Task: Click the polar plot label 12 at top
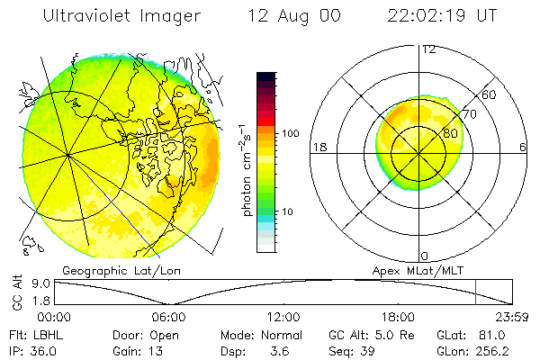coord(428,49)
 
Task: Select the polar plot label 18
coord(318,147)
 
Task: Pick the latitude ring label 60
coord(490,94)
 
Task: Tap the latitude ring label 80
coord(451,133)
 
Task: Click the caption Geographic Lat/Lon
coord(107,270)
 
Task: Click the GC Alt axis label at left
coord(15,292)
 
